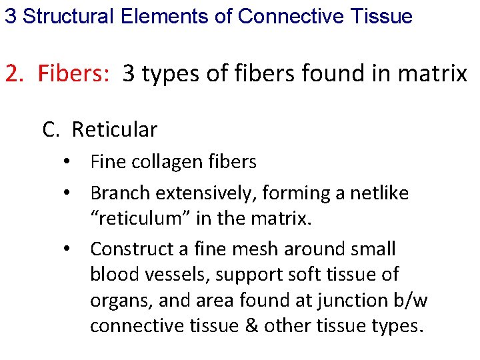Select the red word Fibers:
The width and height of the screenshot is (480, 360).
[x=73, y=73]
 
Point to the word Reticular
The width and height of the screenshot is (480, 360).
[x=114, y=129]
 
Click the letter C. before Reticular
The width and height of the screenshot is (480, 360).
[x=51, y=129]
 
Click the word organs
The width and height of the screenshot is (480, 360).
[x=121, y=300]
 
